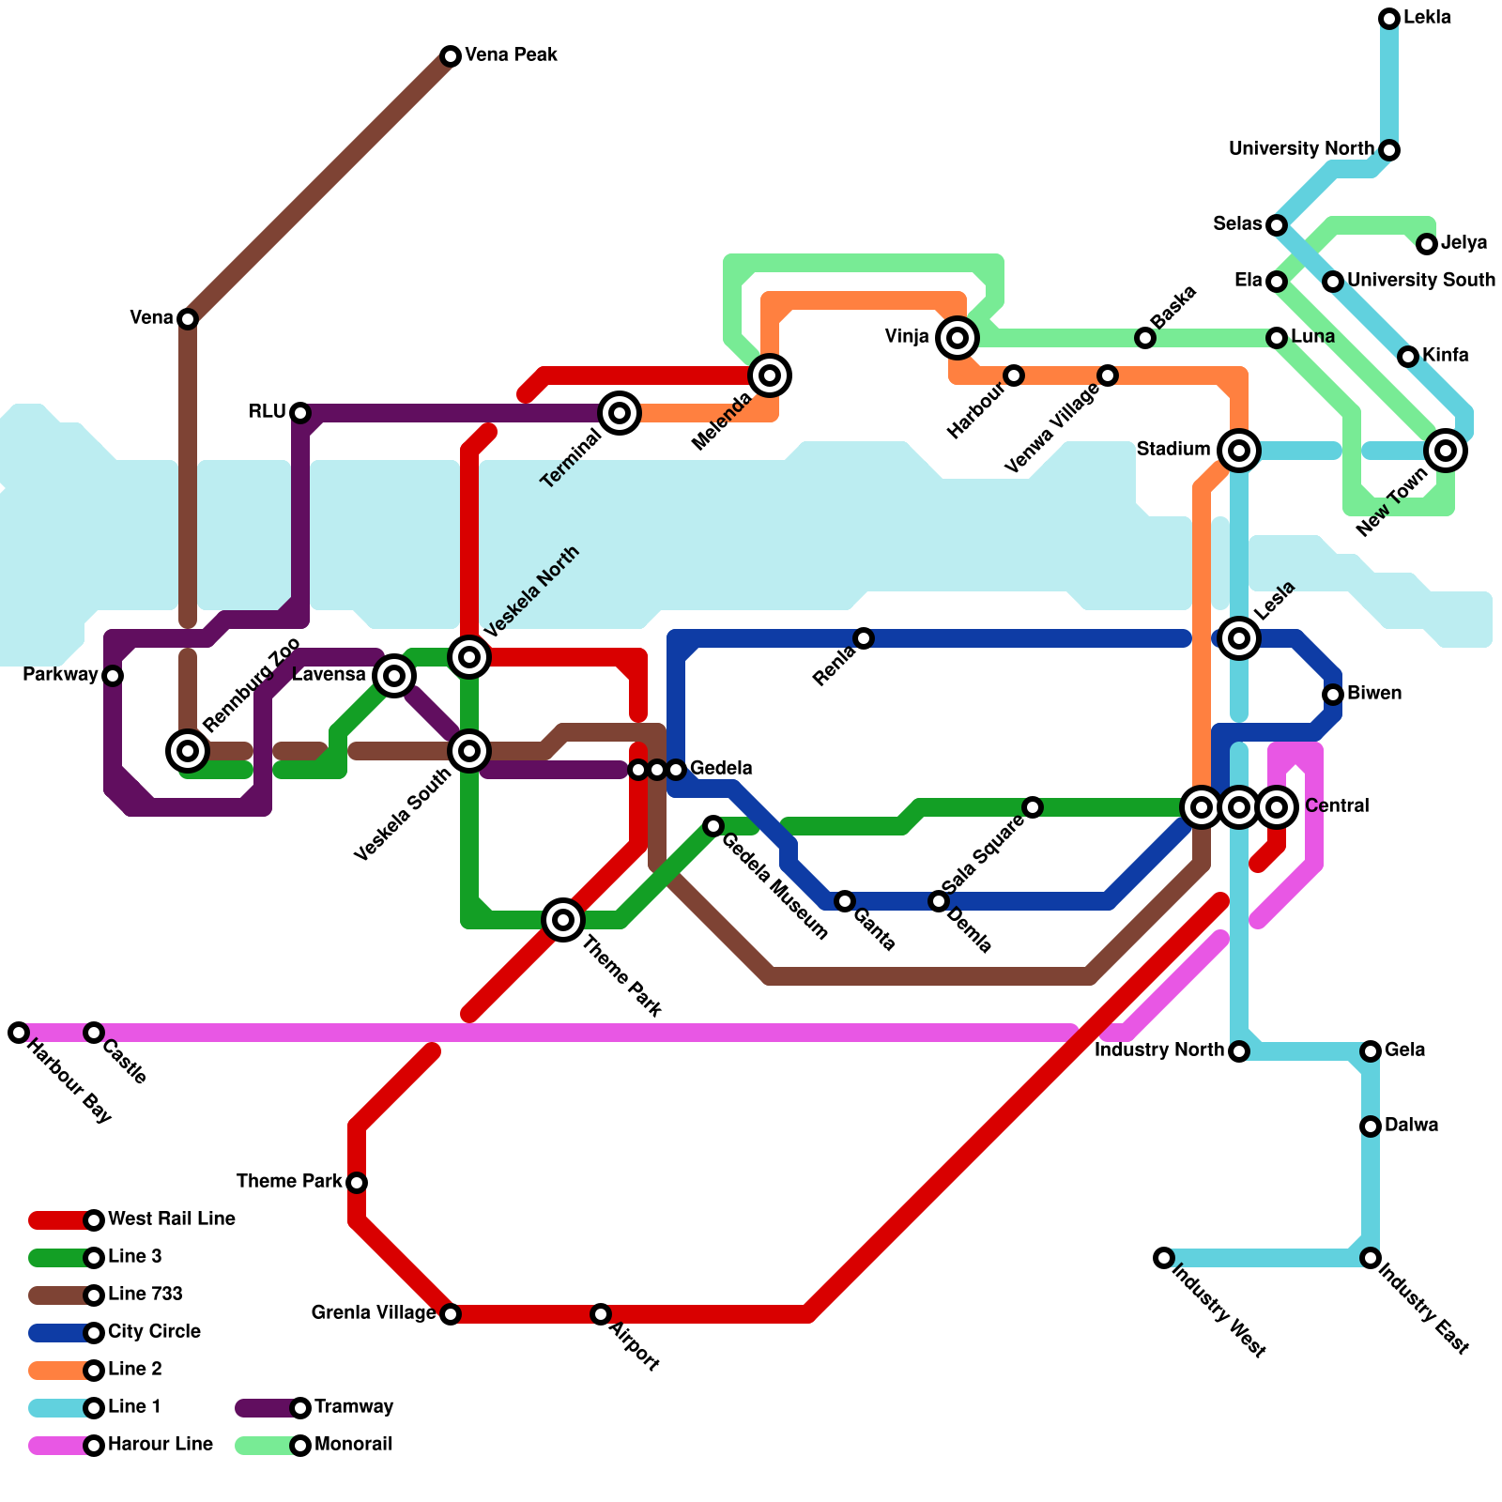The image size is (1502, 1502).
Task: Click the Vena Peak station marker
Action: [451, 56]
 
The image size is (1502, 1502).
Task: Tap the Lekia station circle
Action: [1389, 19]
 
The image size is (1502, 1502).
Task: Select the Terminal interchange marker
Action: [620, 413]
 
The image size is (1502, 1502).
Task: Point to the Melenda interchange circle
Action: [770, 375]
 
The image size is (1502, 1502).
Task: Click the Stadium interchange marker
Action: [1239, 451]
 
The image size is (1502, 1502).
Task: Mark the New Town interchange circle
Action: [1446, 451]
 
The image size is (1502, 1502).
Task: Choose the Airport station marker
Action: [601, 1314]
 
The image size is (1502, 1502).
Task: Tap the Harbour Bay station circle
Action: [19, 1033]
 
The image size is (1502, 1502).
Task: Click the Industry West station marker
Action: [1164, 1258]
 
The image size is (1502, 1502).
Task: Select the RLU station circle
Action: [300, 413]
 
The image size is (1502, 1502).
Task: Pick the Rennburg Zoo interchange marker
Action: [188, 751]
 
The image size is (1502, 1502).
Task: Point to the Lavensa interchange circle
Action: [394, 676]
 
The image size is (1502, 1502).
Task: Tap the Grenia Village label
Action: [374, 1313]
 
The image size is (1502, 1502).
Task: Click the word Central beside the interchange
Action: [1337, 806]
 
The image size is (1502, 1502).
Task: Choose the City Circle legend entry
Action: [154, 1332]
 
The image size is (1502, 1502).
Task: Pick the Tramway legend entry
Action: [354, 1407]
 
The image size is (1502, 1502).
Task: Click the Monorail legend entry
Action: [354, 1445]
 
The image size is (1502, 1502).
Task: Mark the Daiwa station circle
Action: [1371, 1126]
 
